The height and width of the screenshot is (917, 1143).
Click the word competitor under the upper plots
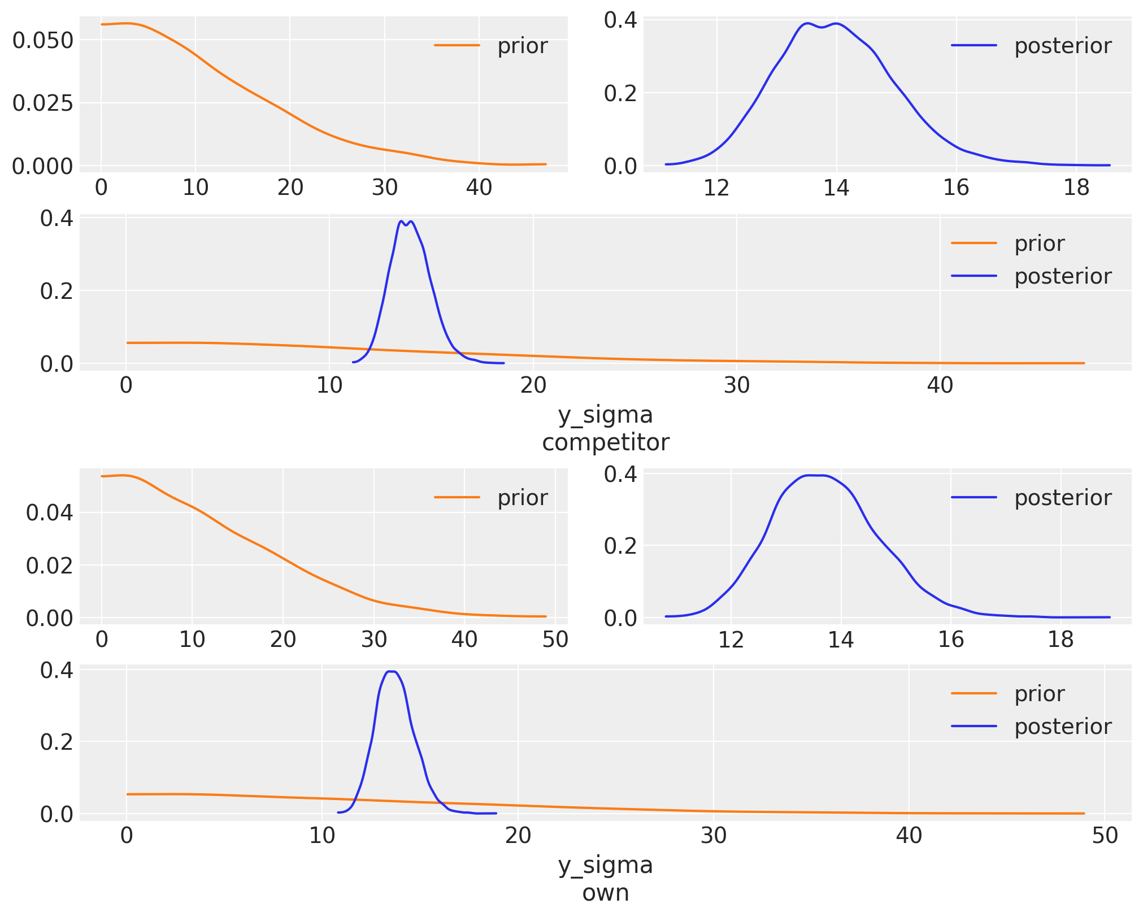[605, 442]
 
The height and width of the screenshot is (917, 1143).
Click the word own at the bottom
[605, 893]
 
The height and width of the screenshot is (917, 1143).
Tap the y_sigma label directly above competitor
[605, 415]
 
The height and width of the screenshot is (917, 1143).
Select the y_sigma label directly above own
[605, 866]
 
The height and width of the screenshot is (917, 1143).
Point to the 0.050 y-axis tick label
[42, 40]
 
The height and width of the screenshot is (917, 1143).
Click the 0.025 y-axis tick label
[42, 103]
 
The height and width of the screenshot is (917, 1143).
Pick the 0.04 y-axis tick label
[50, 513]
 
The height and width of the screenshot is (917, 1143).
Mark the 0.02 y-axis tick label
[50, 566]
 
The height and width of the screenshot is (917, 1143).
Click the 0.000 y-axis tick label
[42, 167]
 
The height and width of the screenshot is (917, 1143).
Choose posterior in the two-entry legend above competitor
[1062, 276]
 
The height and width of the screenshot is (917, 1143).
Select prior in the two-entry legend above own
[1039, 694]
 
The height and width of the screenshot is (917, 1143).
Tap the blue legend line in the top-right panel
[973, 46]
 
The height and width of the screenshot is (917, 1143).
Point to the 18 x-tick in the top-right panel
[1076, 188]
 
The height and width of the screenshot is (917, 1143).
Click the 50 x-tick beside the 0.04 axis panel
[555, 640]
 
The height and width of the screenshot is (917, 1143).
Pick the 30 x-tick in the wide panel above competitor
[736, 385]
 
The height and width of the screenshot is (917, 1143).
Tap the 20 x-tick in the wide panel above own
[518, 836]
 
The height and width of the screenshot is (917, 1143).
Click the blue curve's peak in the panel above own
[391, 671]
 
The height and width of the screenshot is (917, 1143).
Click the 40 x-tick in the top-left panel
[479, 188]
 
